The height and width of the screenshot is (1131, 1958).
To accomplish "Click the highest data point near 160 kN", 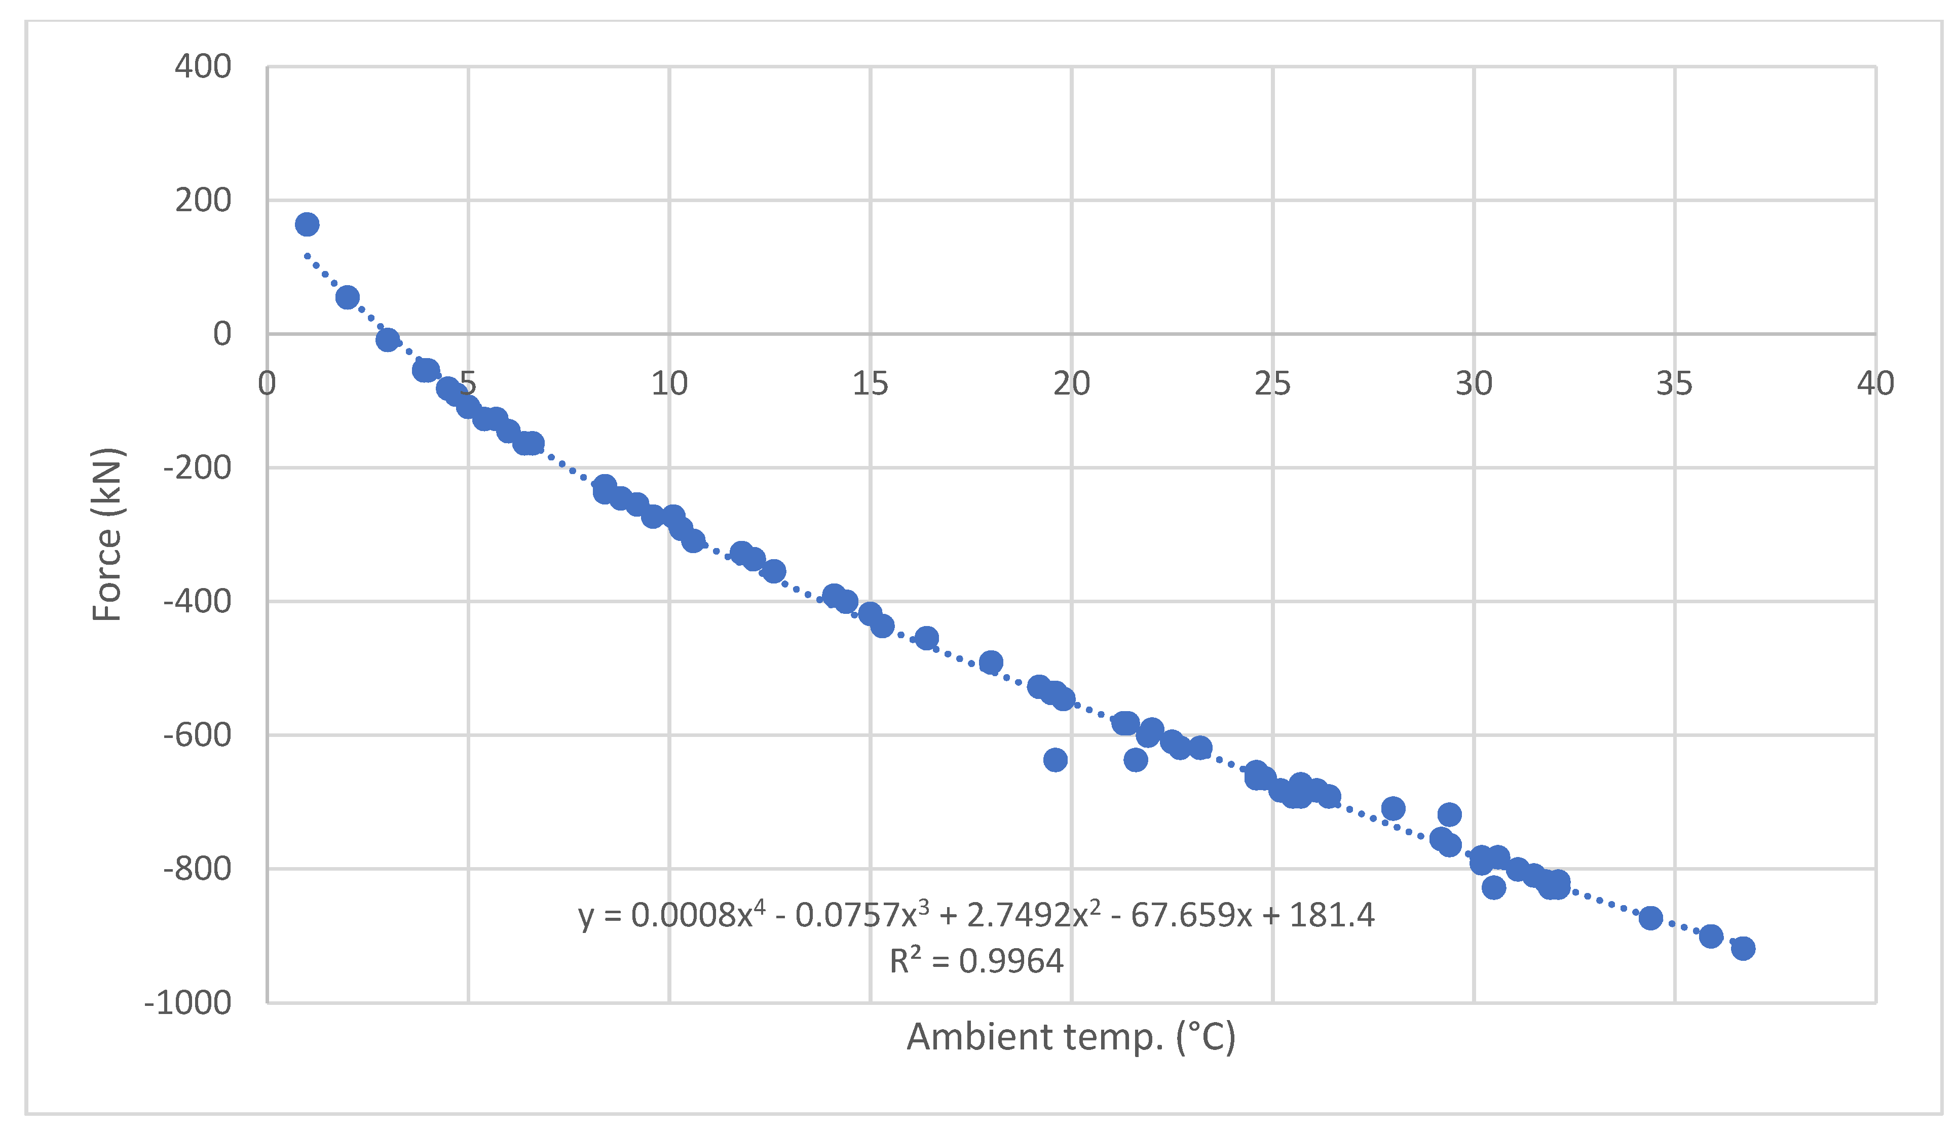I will [307, 224].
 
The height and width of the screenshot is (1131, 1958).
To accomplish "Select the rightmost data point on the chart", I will [1743, 949].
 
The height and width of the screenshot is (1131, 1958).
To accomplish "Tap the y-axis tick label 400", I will [203, 67].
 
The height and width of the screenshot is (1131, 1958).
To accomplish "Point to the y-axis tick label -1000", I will [188, 1003].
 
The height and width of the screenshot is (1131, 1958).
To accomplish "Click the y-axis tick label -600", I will [197, 735].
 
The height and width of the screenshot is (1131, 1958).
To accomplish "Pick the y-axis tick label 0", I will [222, 334].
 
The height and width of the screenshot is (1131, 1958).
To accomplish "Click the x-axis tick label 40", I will [1875, 384].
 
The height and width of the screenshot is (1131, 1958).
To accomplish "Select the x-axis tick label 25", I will [1272, 384].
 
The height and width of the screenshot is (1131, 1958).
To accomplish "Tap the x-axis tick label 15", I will [870, 384].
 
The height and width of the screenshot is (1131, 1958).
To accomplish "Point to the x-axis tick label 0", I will [267, 384].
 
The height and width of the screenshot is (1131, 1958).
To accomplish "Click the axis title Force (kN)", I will [107, 534].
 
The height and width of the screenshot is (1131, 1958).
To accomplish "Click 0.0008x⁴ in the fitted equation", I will [697, 915].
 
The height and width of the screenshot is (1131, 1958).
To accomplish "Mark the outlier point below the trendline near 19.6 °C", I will [1055, 760].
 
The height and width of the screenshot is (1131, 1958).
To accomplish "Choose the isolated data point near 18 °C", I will [991, 662].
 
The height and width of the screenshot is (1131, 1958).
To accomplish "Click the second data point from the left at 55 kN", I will [347, 297].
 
